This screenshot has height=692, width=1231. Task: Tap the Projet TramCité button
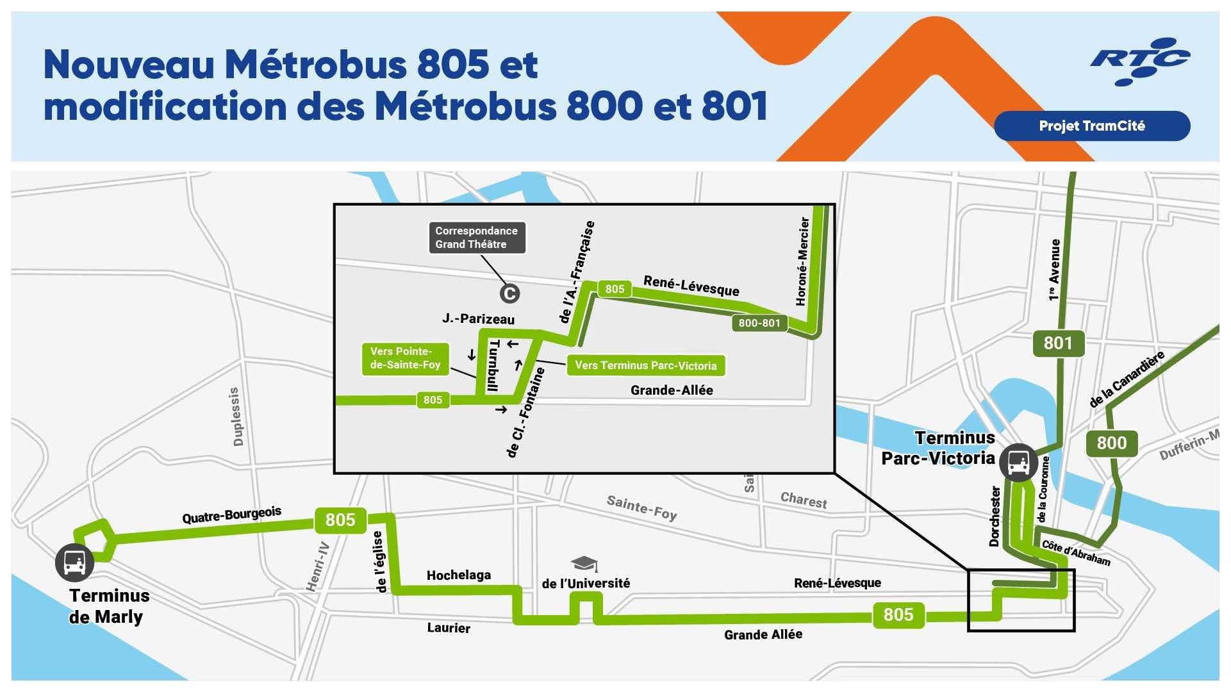(x=1091, y=126)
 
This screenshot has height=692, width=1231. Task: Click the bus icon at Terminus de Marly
(x=75, y=563)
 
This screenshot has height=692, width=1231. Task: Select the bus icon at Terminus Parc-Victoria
(x=1018, y=461)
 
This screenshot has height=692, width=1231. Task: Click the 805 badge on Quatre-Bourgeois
(x=340, y=520)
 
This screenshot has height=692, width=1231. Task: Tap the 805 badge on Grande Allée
(x=898, y=614)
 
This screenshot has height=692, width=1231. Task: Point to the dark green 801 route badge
(x=1057, y=343)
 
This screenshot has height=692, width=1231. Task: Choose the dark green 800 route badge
(x=1111, y=443)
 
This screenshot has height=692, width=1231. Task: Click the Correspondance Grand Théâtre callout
(x=477, y=238)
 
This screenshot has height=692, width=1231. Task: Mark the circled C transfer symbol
(x=509, y=293)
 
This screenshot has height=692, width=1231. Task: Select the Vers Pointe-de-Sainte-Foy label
(x=405, y=358)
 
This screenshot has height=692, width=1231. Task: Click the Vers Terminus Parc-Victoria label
(x=645, y=365)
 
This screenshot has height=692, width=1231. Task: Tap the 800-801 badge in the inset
(x=759, y=323)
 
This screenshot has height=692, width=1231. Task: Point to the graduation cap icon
(x=584, y=564)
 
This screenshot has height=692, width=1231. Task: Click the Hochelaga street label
(x=459, y=575)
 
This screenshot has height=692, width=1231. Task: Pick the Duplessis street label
(x=236, y=416)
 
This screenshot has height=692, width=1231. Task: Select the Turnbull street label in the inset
(x=493, y=365)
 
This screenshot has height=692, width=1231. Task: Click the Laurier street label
(x=449, y=628)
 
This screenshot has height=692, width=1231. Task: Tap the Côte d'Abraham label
(x=1076, y=552)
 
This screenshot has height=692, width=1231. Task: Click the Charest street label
(x=804, y=500)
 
